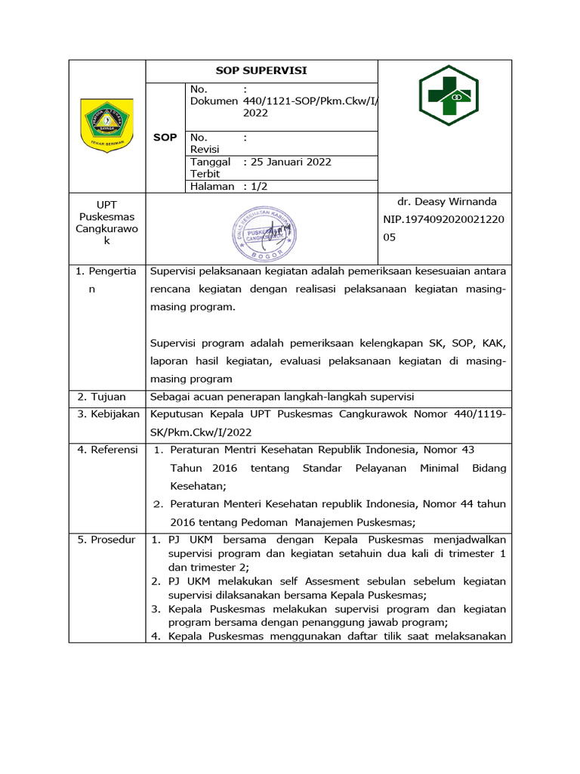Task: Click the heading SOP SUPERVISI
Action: pos(261,71)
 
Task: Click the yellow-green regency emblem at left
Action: pos(106,125)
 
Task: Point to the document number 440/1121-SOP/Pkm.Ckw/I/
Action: pos(310,101)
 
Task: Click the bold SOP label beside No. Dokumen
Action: pos(165,138)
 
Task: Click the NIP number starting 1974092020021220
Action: pos(444,219)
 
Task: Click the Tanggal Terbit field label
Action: pos(209,167)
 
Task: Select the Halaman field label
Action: pos(212,187)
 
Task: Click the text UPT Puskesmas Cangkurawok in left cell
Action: pos(106,222)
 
